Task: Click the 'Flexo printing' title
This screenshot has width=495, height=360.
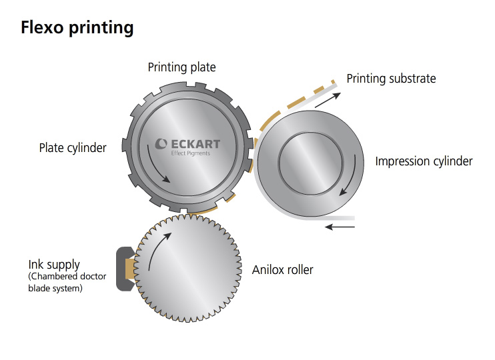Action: point(77,27)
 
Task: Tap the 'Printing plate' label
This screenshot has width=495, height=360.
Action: point(181,67)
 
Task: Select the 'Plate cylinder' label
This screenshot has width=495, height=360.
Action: point(73,148)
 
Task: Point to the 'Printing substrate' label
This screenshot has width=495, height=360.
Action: point(391,79)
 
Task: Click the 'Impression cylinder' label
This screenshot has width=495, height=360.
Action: point(424,161)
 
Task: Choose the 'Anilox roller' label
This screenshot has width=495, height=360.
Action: point(282,270)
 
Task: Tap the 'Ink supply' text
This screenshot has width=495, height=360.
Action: point(54,265)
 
